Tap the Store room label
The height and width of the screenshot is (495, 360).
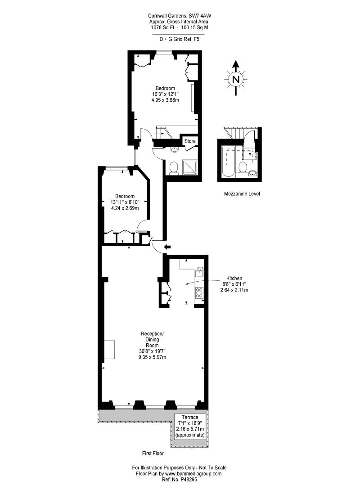[x=190, y=141]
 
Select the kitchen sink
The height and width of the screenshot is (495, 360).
[x=199, y=271]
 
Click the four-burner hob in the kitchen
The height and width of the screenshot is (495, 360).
[x=199, y=293]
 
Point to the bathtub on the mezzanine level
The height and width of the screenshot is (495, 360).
[x=228, y=162]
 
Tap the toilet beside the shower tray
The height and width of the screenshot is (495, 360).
[x=174, y=168]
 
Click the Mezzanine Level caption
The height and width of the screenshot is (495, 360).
[x=242, y=194]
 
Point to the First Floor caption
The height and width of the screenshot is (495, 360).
[x=153, y=454]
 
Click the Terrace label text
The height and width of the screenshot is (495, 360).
[x=190, y=417]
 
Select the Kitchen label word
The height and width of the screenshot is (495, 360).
[x=234, y=279]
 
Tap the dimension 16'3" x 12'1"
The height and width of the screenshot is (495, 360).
[x=165, y=94]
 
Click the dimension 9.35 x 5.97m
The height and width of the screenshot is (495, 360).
[x=152, y=357]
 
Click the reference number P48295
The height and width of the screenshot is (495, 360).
[x=188, y=479]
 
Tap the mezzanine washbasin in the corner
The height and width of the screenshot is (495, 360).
[x=252, y=173]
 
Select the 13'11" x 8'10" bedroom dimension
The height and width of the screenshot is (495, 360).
[x=125, y=202]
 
